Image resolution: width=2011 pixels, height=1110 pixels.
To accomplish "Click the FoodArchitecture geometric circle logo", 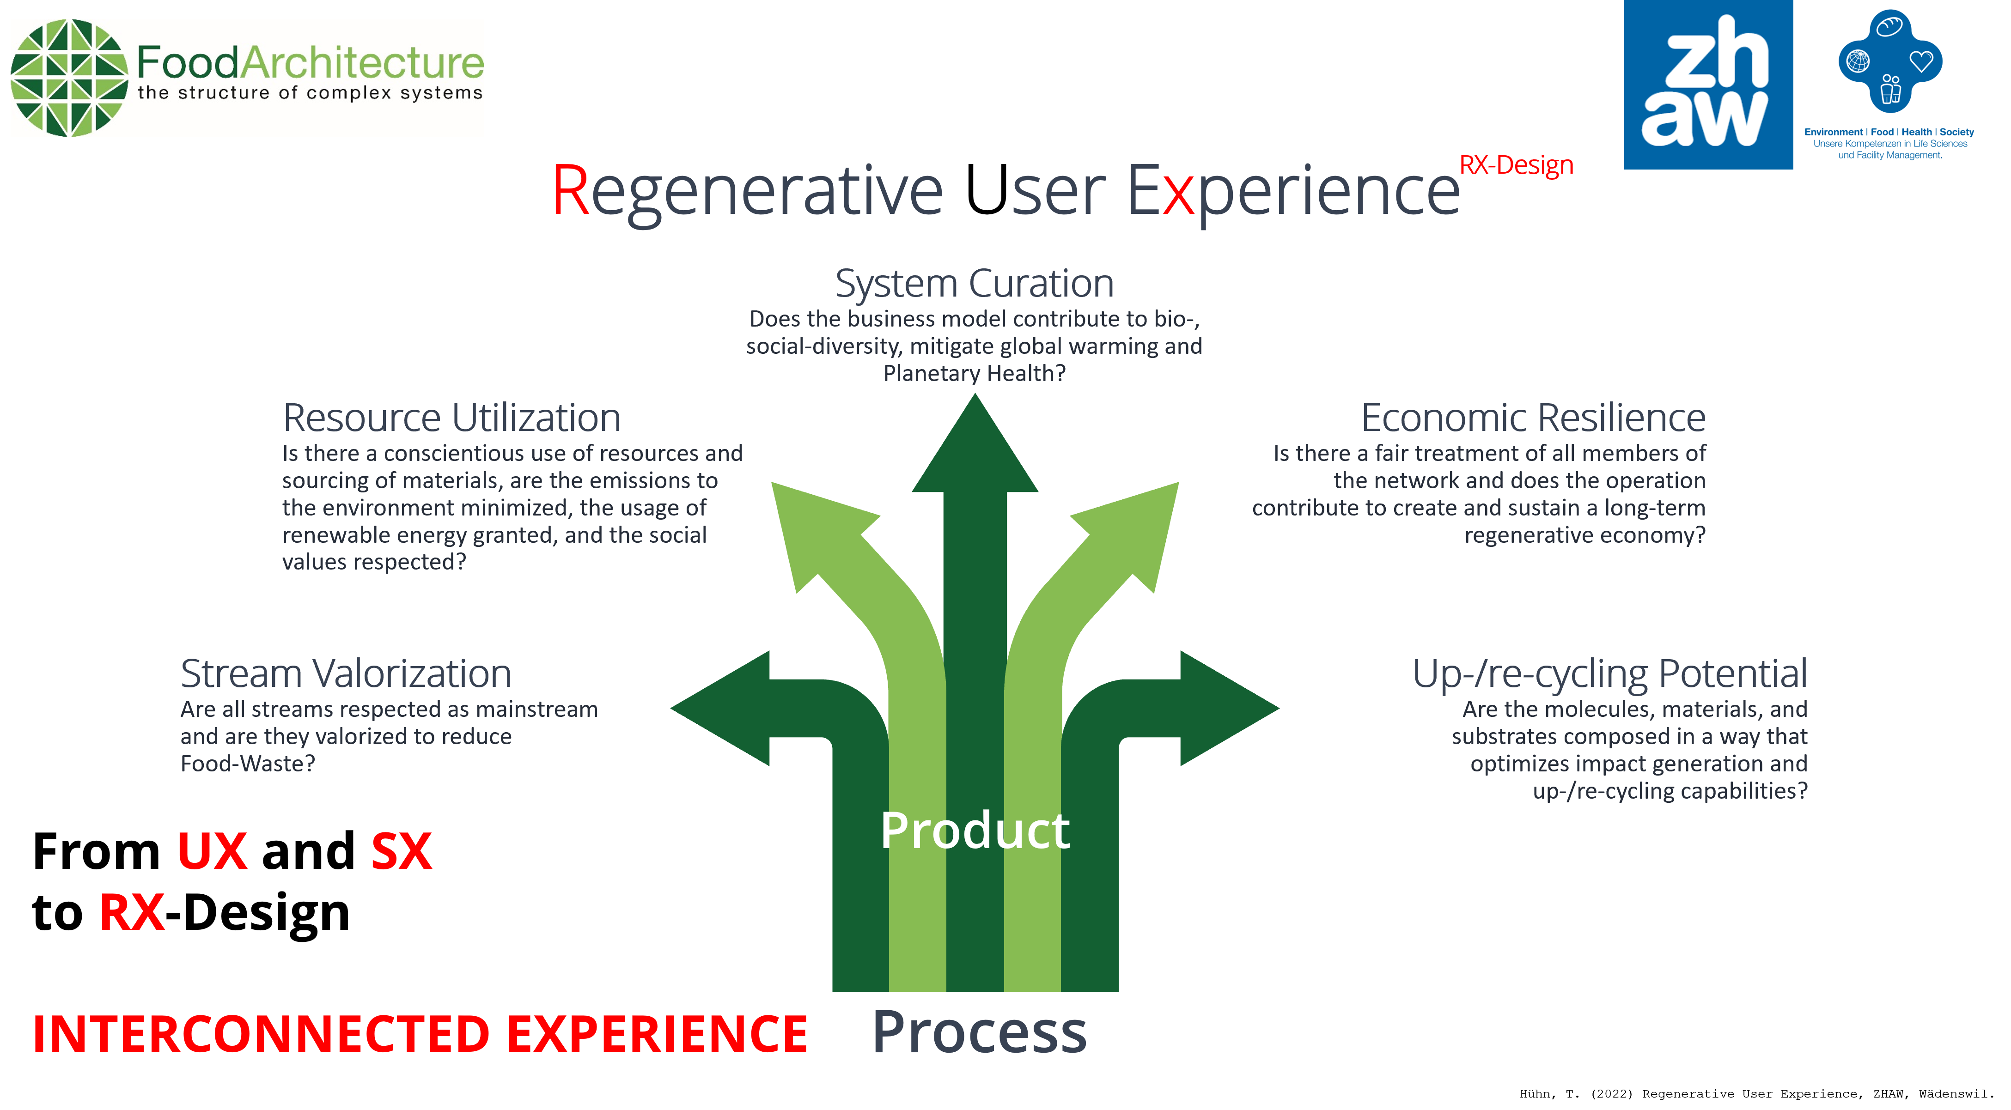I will coord(69,78).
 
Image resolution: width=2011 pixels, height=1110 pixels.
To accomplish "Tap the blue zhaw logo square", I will coord(1707,85).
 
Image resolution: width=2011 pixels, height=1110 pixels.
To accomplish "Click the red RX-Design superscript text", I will coord(1516,165).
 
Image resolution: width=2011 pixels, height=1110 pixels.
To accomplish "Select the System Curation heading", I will coord(974,283).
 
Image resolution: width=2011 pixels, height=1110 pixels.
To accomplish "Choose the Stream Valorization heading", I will coord(346,673).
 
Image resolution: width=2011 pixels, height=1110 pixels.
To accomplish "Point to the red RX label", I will coord(132,912).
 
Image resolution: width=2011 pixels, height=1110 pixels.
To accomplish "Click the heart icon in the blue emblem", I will coord(1921,61).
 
